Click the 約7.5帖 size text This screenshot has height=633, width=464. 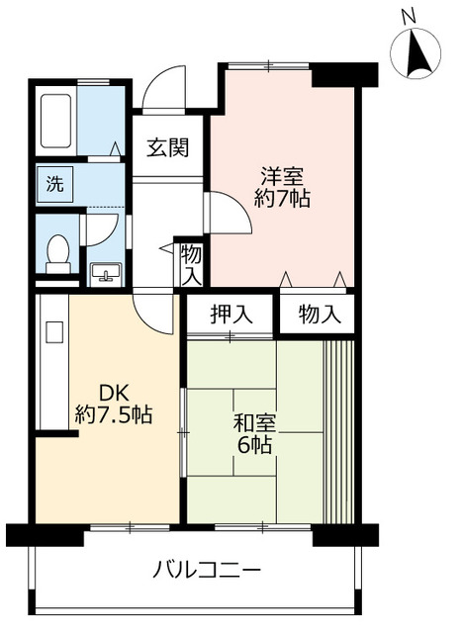[x=114, y=414]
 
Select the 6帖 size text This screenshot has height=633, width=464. [x=254, y=445]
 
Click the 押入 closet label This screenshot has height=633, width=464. [x=232, y=316]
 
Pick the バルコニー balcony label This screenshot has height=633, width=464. [x=207, y=571]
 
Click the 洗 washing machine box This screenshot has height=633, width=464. [x=49, y=183]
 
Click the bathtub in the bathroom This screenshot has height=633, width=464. [x=56, y=124]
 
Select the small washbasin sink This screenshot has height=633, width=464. [x=104, y=272]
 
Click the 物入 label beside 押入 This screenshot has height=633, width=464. [x=319, y=316]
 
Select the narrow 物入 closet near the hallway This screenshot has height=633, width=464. [x=191, y=264]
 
